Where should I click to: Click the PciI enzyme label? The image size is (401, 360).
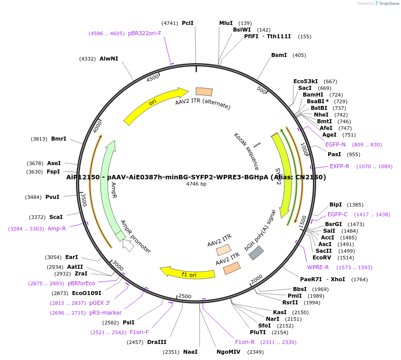coord(188,23)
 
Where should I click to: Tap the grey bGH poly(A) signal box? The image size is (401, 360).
coord(256,253)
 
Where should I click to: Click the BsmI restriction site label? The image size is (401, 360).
coord(279,55)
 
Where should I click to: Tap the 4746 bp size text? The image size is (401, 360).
coord(196,184)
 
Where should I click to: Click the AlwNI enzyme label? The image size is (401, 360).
coord(109,59)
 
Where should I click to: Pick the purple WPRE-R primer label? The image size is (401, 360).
coord(318,267)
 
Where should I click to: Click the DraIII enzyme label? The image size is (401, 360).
coord(156,342)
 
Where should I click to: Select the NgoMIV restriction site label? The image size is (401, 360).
coord(228,352)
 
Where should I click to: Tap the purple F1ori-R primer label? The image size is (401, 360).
coord(245,342)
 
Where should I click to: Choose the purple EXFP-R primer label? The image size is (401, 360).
coord(339,166)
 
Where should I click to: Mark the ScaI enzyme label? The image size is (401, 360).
coord(56,217)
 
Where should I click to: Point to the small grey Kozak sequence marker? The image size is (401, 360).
coord(257,145)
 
